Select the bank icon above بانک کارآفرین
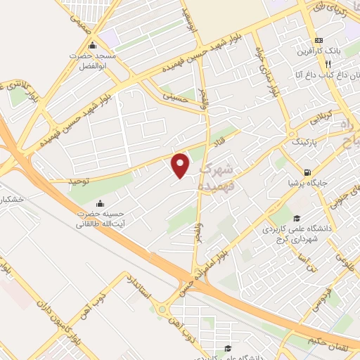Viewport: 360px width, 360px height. tap(319, 39)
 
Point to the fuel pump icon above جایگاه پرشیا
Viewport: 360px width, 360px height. tap(307, 173)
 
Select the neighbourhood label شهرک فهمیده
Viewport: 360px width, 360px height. tap(217, 177)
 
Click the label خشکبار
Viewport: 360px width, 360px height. tap(13, 200)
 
